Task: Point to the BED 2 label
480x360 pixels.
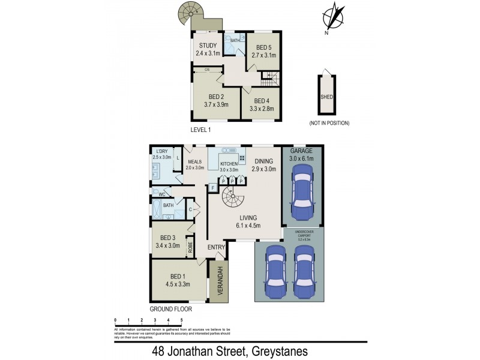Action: [215, 96]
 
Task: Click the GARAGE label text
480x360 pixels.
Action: [303, 151]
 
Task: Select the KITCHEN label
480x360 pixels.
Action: [229, 163]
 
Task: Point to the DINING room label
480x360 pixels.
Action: [263, 161]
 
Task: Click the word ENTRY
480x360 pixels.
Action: [216, 247]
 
